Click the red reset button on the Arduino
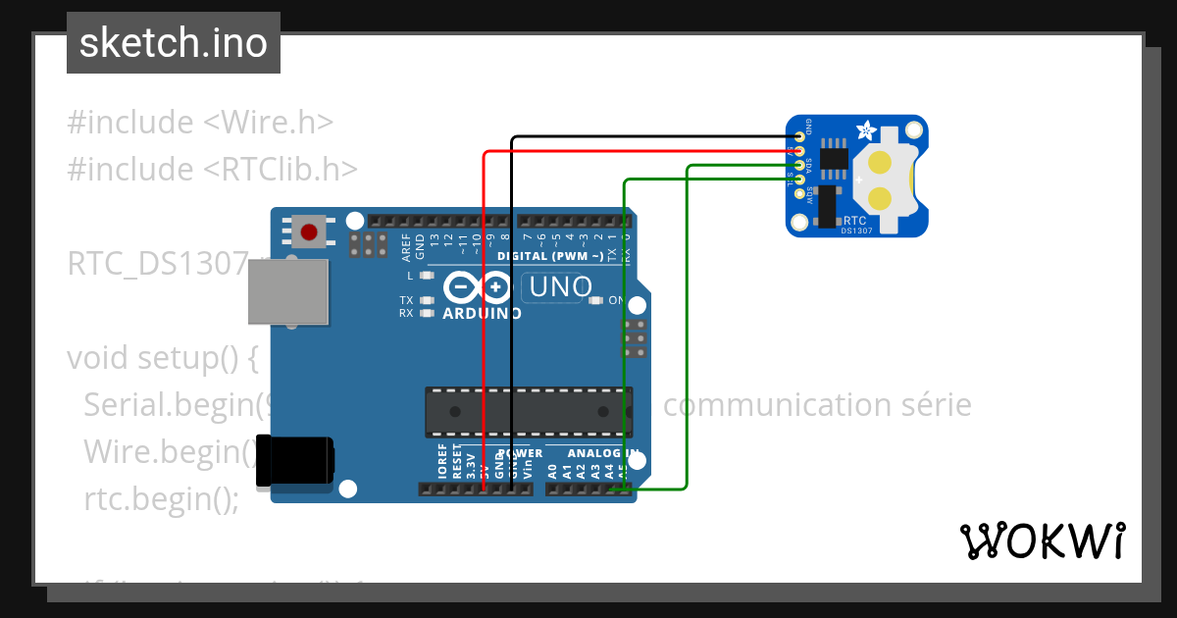pyautogui.click(x=310, y=232)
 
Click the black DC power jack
pyautogui.click(x=293, y=460)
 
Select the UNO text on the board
pyautogui.click(x=561, y=286)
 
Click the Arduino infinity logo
pyautogui.click(x=479, y=287)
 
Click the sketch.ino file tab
pyautogui.click(x=174, y=43)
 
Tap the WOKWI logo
pyautogui.click(x=1042, y=541)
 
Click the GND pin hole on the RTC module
pyautogui.click(x=800, y=136)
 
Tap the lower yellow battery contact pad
pyautogui.click(x=880, y=199)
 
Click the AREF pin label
pyautogui.click(x=406, y=246)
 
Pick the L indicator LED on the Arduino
pyautogui.click(x=426, y=276)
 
